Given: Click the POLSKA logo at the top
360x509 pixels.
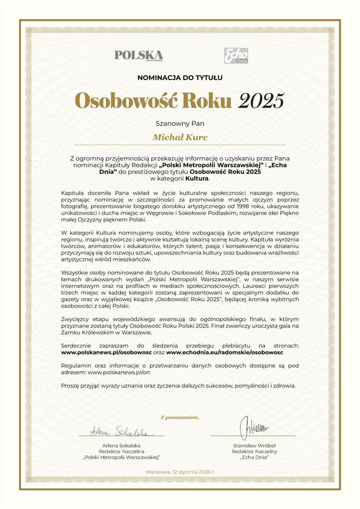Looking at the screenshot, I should pos(138,55).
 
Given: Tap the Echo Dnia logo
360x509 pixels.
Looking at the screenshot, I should pos(236,55).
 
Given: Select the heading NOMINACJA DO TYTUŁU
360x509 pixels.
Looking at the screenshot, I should pos(180,77).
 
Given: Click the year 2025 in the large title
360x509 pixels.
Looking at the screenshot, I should pos(261,100).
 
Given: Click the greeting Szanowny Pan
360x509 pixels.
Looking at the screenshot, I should pos(180,123).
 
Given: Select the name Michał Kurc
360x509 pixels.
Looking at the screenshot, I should pos(180,137).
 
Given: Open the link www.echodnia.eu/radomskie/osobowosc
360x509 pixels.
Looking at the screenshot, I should pos(225,353).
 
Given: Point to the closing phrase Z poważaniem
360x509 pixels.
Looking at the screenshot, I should pos(180,417).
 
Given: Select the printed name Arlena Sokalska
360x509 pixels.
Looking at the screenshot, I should pos(121,445).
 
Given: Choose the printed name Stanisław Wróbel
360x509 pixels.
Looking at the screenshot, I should pos(254,445).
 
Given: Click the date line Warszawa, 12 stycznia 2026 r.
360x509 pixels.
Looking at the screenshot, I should pos(180,473).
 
